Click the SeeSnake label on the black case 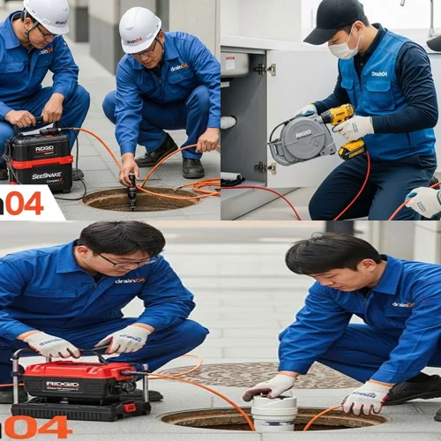click(x=46, y=176)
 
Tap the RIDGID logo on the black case click(x=43, y=149)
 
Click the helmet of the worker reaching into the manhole click(x=139, y=28)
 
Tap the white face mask click(x=342, y=49)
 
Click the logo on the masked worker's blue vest click(x=378, y=73)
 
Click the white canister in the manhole click(x=274, y=412)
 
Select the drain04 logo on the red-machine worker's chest click(x=130, y=280)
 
